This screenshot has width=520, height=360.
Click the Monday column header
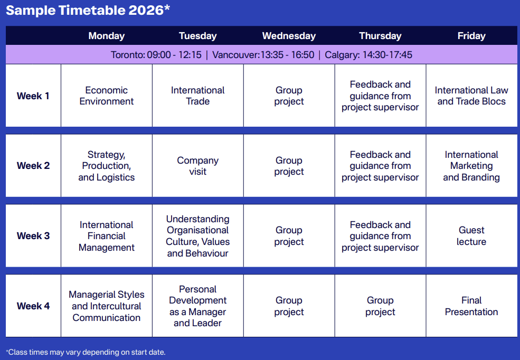(x=107, y=36)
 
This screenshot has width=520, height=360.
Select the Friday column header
(x=471, y=36)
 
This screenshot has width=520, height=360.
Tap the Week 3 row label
(x=33, y=236)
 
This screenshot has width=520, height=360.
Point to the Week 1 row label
(x=33, y=96)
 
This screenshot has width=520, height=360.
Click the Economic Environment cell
(x=107, y=96)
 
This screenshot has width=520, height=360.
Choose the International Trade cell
(x=197, y=96)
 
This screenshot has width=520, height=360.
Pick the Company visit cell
(x=197, y=166)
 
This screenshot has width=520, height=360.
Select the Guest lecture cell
(x=471, y=236)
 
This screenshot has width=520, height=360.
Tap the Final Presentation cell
(x=471, y=306)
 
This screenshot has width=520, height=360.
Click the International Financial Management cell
(x=107, y=236)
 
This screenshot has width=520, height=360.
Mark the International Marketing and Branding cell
(x=471, y=166)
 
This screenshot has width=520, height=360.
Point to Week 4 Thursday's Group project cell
(x=380, y=306)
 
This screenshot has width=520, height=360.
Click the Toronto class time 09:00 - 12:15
(x=174, y=55)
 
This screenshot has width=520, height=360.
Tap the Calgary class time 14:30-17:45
(x=387, y=55)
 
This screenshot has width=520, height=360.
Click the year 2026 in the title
(x=146, y=10)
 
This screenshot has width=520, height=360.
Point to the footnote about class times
(x=86, y=352)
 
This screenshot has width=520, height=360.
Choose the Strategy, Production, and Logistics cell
(x=107, y=166)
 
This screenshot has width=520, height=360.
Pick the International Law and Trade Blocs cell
(x=471, y=96)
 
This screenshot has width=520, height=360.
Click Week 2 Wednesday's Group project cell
(x=289, y=166)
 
